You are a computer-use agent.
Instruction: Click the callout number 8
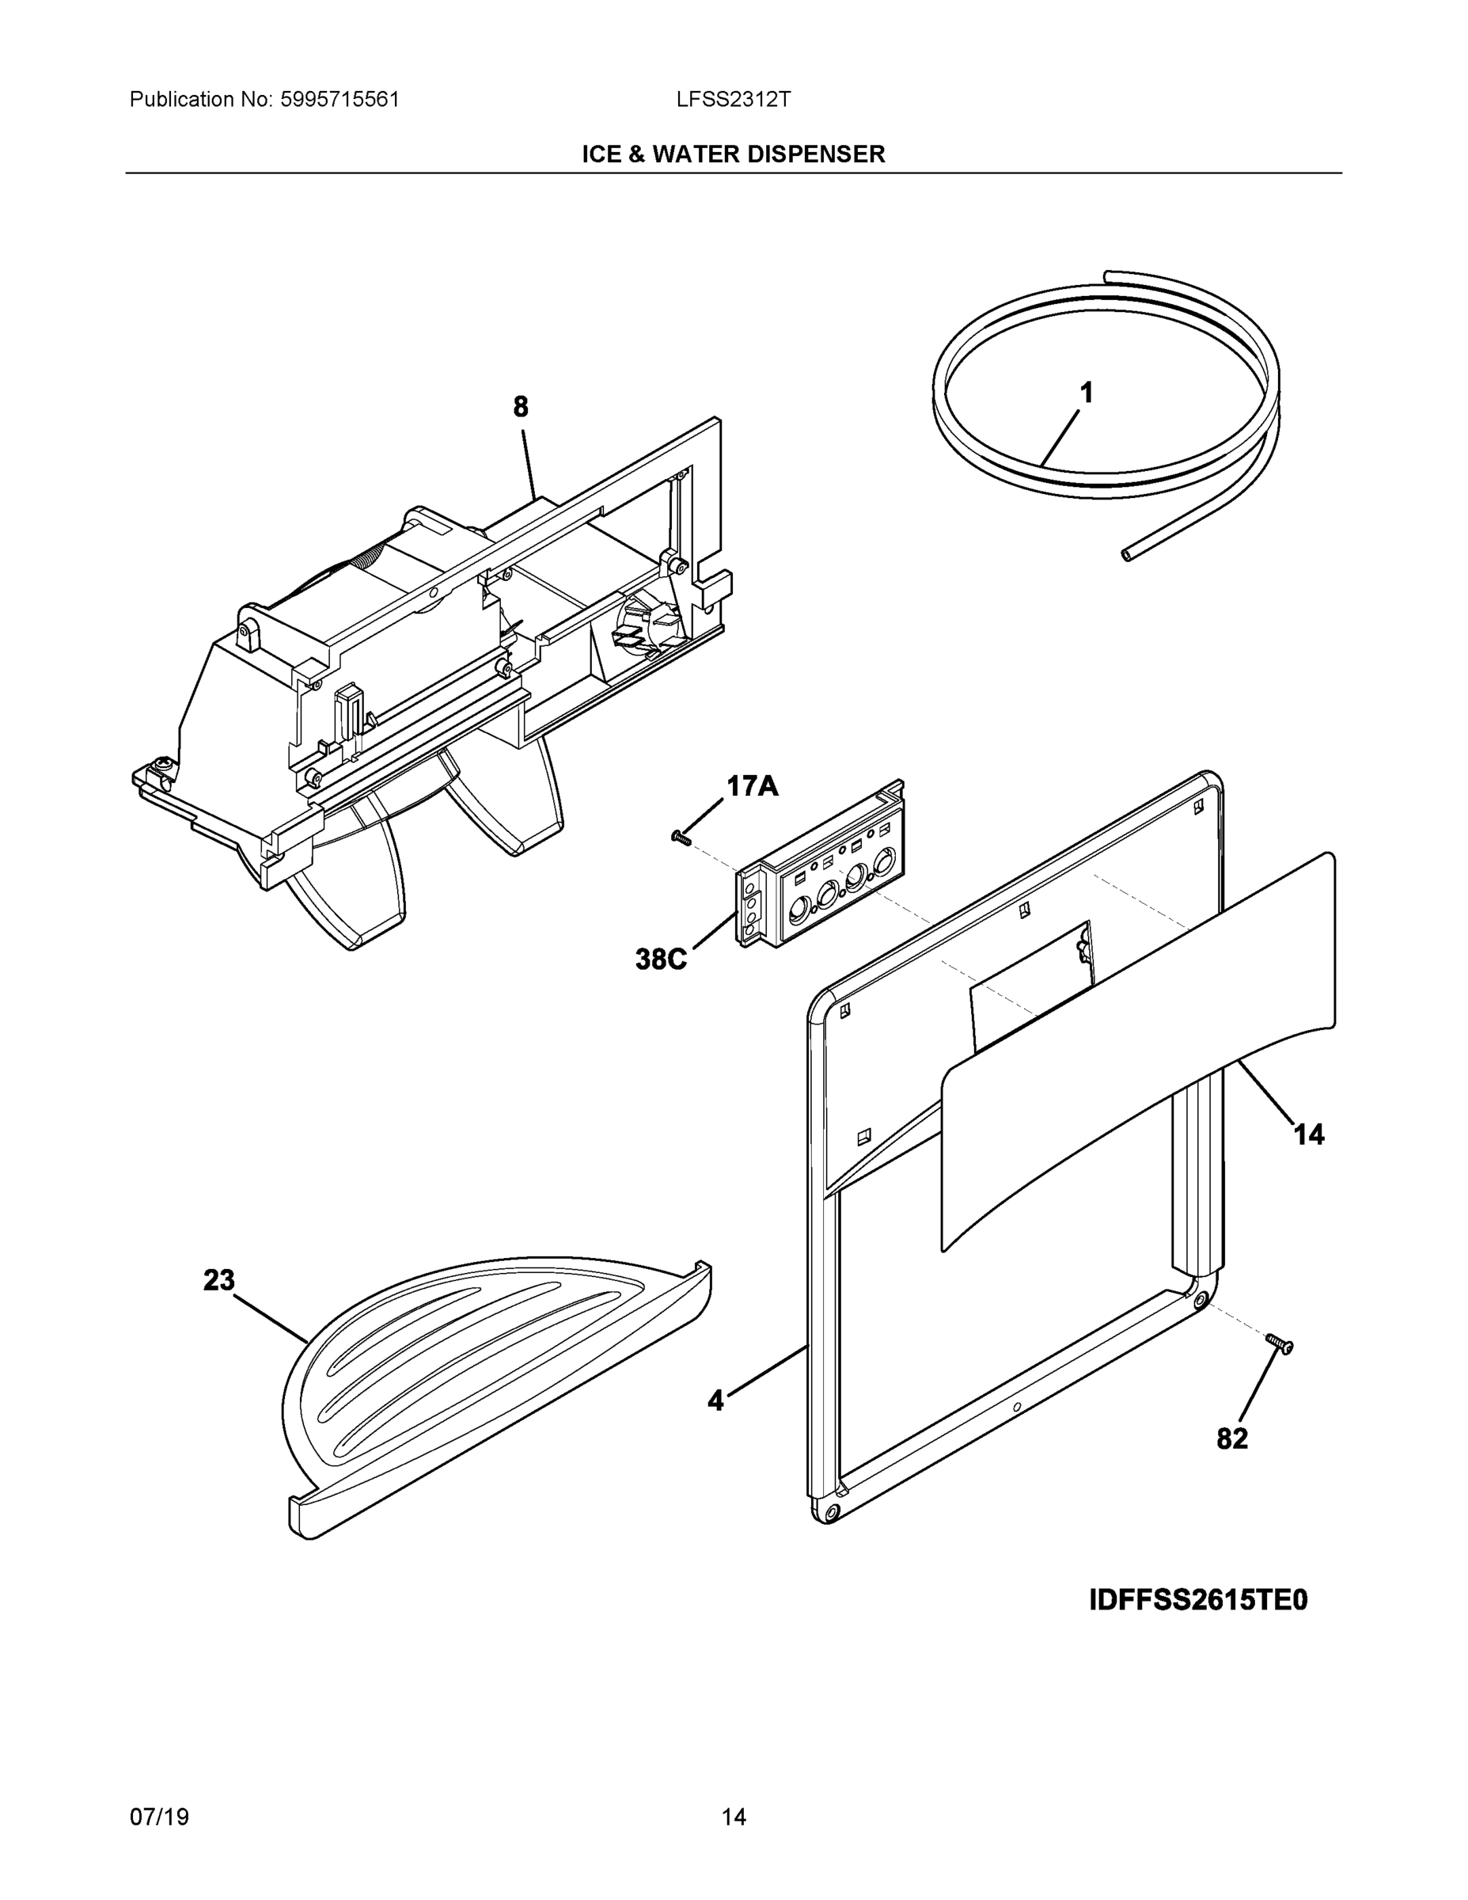pyautogui.click(x=520, y=407)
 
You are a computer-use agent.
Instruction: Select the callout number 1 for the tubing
pyautogui.click(x=1087, y=393)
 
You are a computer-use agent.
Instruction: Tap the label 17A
pyautogui.click(x=753, y=786)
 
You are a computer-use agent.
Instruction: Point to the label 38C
pyautogui.click(x=661, y=959)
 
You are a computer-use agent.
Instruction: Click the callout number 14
pyautogui.click(x=1309, y=1134)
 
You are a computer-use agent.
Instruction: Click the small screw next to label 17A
pyautogui.click(x=680, y=838)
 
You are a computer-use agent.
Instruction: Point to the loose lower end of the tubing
pyautogui.click(x=1127, y=553)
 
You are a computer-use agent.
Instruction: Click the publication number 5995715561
pyautogui.click(x=339, y=99)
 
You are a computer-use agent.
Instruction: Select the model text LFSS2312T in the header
pyautogui.click(x=733, y=99)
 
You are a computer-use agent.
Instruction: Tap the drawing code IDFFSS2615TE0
pyautogui.click(x=1197, y=1601)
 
